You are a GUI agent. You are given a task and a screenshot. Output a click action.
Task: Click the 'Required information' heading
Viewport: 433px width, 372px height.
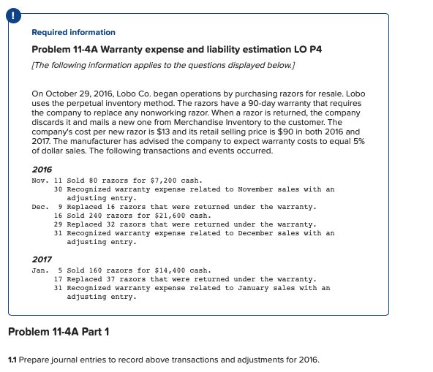(x=74, y=32)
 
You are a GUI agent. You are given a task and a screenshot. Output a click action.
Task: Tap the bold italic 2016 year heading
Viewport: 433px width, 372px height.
(x=42, y=169)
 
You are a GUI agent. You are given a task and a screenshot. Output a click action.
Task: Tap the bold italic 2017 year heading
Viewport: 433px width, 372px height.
(x=42, y=259)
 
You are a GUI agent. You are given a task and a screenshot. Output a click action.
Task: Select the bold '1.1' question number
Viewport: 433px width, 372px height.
(x=12, y=360)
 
